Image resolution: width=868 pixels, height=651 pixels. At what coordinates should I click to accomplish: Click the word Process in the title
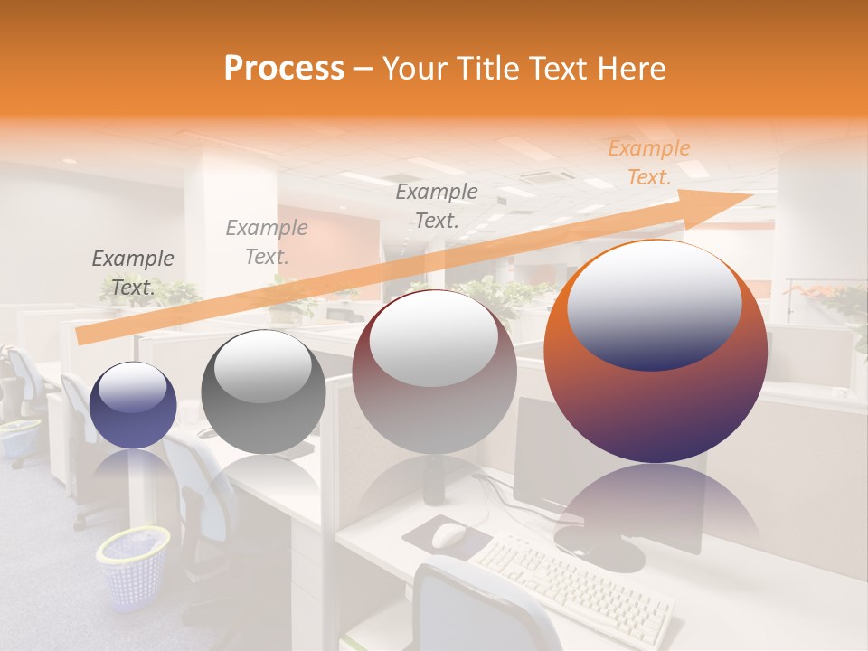tap(284, 69)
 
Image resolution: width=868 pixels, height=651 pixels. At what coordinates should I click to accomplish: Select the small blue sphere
tap(133, 405)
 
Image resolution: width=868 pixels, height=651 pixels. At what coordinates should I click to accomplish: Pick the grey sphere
tap(263, 392)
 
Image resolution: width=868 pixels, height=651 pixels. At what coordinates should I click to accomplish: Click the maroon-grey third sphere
tap(434, 372)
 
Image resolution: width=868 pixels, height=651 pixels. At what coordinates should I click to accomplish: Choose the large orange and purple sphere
tap(656, 353)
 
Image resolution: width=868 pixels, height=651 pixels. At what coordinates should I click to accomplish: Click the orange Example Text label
tap(648, 163)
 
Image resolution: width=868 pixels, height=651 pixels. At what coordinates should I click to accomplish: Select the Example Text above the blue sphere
tap(133, 273)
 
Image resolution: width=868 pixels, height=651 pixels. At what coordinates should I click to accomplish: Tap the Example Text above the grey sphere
tap(267, 241)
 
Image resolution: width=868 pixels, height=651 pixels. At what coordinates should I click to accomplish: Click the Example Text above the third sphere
tap(437, 205)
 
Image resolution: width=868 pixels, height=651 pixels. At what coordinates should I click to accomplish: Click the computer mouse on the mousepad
tap(448, 536)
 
